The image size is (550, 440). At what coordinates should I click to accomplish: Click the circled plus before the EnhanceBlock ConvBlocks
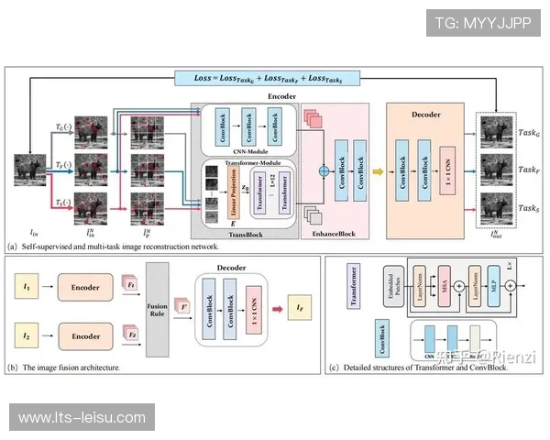click(x=323, y=170)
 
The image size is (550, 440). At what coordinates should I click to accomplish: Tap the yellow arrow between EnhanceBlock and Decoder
click(x=378, y=171)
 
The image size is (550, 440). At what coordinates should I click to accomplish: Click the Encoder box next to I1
click(x=85, y=285)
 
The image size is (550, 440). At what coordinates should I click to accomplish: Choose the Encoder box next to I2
click(x=85, y=336)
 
